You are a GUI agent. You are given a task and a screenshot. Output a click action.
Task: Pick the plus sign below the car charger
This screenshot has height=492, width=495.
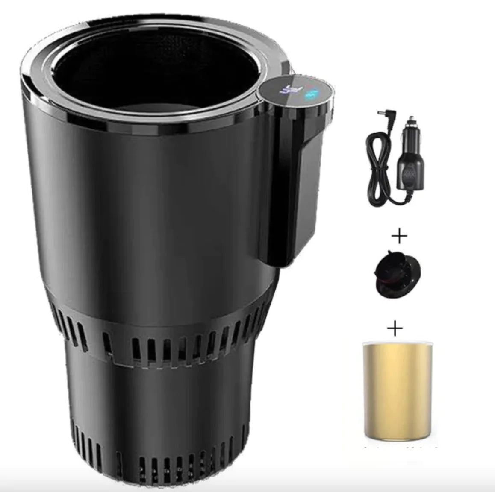399,236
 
